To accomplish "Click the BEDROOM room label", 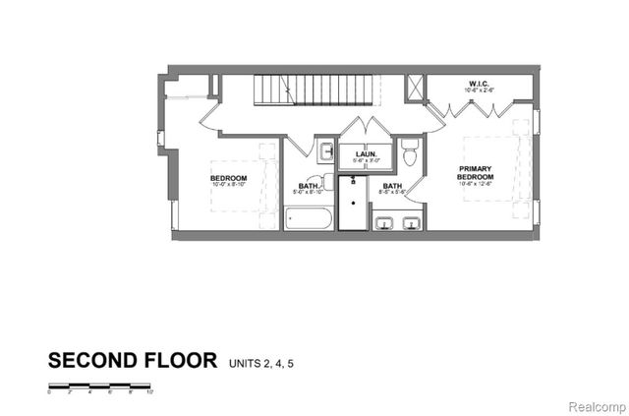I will [227, 177].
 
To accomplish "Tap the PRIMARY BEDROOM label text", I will [479, 173].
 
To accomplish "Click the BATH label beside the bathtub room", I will [309, 185].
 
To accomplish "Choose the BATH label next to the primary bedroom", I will [392, 187].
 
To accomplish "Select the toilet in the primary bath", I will [412, 152].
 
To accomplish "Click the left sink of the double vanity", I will [386, 222].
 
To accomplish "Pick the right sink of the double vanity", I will [411, 222].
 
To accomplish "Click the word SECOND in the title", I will [89, 360].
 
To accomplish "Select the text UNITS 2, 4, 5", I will [262, 363].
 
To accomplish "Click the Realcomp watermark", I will [592, 402].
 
